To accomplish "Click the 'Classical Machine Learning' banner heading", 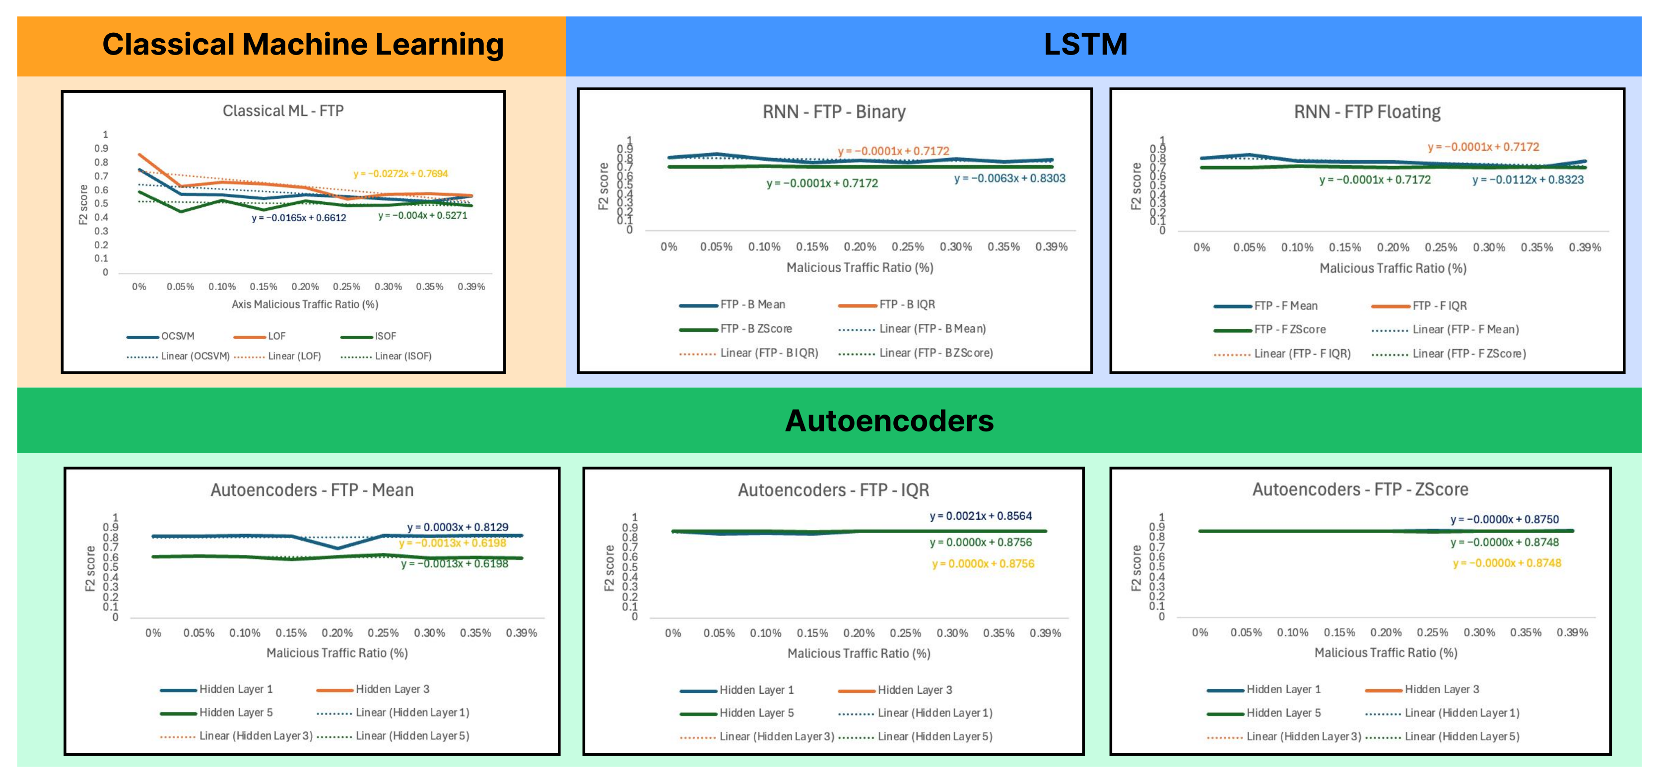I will pos(303,45).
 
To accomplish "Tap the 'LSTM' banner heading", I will pos(1085,45).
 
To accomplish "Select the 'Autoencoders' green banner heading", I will pos(889,422).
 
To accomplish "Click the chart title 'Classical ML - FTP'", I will pos(283,111).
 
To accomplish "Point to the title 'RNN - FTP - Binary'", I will pos(834,112).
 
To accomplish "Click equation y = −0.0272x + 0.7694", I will pos(400,174).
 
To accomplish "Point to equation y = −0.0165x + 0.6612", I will pos(299,218).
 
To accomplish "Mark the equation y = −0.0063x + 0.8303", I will pos(1009,178).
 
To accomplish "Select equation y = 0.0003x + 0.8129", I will pos(457,527).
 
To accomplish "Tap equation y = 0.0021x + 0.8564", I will pos(980,516).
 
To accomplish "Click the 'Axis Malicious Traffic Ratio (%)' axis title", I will pos(304,304).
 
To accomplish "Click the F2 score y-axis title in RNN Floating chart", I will pos(1136,186).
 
